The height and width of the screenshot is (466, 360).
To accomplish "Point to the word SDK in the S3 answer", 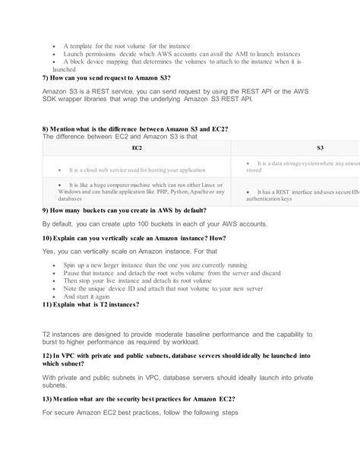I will pos(52,99).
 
